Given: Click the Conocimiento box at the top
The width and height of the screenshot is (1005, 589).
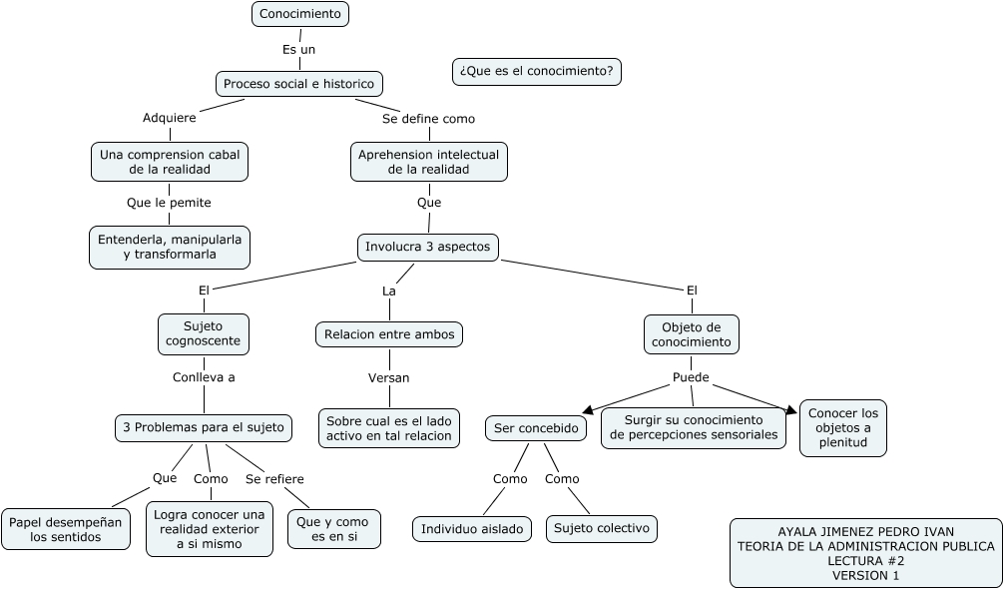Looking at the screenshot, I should [300, 14].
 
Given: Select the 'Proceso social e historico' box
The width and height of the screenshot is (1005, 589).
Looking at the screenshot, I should [299, 84].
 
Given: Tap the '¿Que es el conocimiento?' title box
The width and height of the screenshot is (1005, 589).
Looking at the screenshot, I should [537, 72].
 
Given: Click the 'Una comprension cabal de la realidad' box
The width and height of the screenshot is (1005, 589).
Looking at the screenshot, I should [170, 162].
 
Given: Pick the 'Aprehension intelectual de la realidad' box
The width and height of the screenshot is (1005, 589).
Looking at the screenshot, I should [429, 162].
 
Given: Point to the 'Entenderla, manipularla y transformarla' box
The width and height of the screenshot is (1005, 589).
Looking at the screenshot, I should [170, 247].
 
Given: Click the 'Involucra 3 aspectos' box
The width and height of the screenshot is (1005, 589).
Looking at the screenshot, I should [428, 247].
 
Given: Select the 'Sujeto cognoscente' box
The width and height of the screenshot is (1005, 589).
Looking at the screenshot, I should [204, 333].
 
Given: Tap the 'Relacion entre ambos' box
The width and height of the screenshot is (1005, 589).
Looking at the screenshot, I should [389, 334].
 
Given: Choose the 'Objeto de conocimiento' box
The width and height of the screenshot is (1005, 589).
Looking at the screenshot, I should [692, 334].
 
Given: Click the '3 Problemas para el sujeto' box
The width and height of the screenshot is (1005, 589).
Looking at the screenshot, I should [204, 428].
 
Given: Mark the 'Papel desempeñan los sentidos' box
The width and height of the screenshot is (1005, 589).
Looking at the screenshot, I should [66, 529].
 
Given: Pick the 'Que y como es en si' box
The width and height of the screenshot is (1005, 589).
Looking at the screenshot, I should [333, 529].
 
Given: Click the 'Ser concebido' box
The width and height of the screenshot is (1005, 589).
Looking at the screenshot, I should [537, 428].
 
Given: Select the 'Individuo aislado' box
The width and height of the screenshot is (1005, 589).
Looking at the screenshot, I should [472, 529].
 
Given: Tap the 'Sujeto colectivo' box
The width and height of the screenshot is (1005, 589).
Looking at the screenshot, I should [602, 528].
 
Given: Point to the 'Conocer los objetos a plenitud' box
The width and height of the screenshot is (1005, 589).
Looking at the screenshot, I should [843, 428].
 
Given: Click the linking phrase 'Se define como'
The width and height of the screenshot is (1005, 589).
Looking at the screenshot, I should [428, 119].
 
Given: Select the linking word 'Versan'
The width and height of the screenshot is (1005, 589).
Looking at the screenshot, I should [388, 378].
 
